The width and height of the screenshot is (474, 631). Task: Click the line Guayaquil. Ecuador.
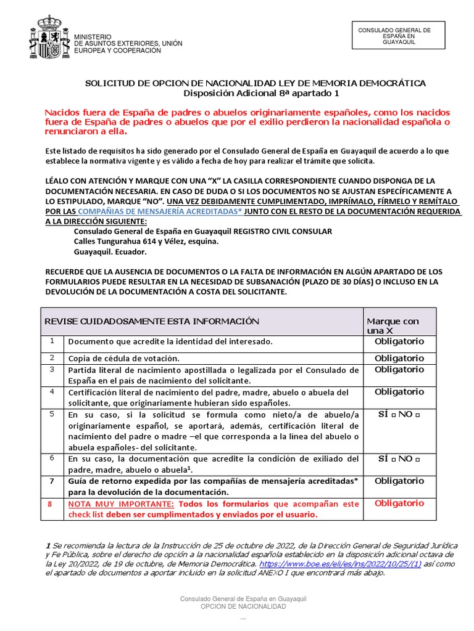pyautogui.click(x=110, y=253)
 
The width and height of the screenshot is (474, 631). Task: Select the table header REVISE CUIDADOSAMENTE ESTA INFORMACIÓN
pyautogui.click(x=152, y=321)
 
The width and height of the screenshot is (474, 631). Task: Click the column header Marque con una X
pyautogui.click(x=393, y=326)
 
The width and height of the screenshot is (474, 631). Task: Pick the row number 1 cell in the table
pyautogui.click(x=53, y=341)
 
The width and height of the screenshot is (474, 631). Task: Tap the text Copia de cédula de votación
pyautogui.click(x=123, y=358)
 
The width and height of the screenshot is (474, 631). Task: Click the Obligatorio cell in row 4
pyautogui.click(x=399, y=392)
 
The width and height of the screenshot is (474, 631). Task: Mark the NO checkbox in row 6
pyautogui.click(x=418, y=460)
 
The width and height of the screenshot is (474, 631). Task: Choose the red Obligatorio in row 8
pyautogui.click(x=399, y=503)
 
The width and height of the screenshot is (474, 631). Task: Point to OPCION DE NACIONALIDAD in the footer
pyautogui.click(x=243, y=607)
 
